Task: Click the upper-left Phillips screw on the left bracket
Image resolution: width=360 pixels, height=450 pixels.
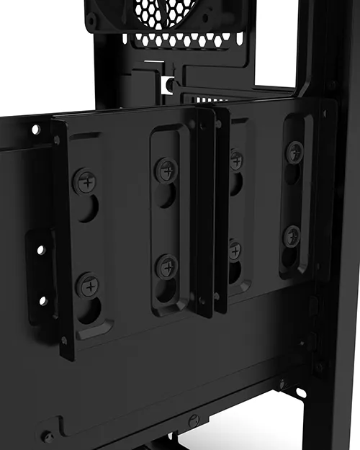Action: tap(86, 181)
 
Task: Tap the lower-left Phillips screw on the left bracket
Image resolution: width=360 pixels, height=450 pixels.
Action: tap(90, 285)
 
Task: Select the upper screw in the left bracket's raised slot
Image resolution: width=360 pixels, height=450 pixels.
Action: tap(166, 171)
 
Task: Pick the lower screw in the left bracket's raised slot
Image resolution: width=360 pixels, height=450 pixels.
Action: tap(167, 266)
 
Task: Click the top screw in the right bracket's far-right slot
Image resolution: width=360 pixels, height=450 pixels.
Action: tap(294, 152)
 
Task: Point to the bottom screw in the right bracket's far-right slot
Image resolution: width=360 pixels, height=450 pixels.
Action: tap(292, 235)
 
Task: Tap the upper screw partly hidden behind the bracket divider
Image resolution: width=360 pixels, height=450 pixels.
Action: tap(236, 161)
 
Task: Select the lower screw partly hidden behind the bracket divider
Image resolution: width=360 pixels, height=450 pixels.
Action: tap(234, 250)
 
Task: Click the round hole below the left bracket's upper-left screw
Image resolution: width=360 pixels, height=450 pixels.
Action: tap(88, 209)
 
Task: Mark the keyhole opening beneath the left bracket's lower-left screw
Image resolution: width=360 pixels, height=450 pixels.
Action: tap(91, 310)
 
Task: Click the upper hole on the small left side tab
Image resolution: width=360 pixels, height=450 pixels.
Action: tap(41, 250)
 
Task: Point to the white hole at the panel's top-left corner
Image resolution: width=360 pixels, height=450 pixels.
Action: tap(35, 130)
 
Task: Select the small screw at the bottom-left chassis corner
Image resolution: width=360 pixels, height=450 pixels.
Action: tap(48, 436)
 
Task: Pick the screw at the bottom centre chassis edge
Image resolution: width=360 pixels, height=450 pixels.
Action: tap(192, 420)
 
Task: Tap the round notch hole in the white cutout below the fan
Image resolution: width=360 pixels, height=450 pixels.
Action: tap(170, 85)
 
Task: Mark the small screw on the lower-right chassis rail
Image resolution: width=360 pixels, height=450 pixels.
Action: tap(283, 384)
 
